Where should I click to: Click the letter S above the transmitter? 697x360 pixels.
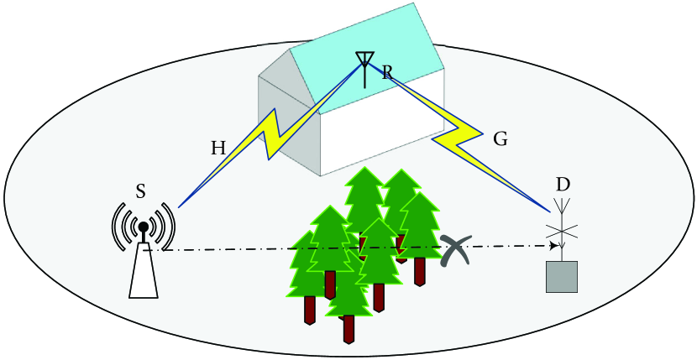pyautogui.click(x=141, y=191)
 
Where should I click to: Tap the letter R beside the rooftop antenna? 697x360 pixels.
pyautogui.click(x=387, y=73)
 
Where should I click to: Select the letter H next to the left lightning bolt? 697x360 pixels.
pyautogui.click(x=218, y=149)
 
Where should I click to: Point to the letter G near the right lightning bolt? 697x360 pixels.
pyautogui.click(x=500, y=139)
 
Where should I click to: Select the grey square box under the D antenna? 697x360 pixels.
pyautogui.click(x=562, y=276)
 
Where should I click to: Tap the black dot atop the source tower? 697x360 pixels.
pyautogui.click(x=144, y=227)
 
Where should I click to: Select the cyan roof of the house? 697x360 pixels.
pyautogui.click(x=369, y=42)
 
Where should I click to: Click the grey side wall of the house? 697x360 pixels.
pyautogui.click(x=290, y=126)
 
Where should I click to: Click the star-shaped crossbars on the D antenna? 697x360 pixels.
pyautogui.click(x=561, y=231)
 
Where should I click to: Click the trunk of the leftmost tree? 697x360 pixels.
pyautogui.click(x=310, y=309)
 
